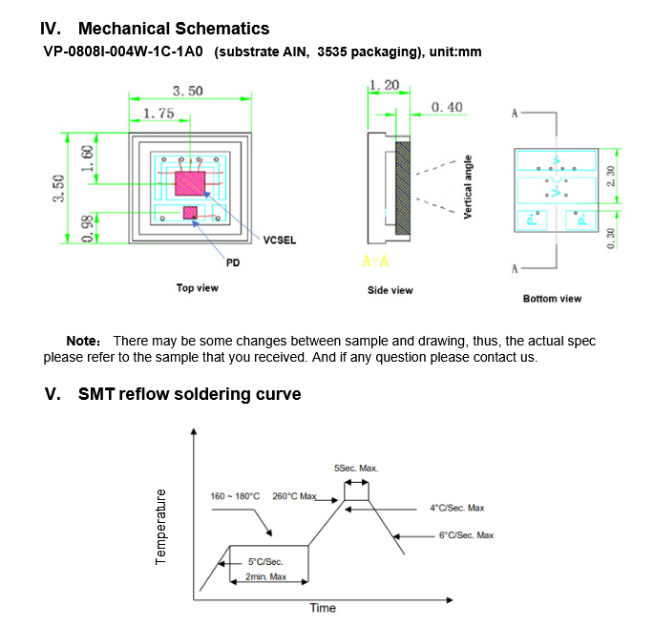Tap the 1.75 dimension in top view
[x=158, y=114]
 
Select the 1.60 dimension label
[x=87, y=157]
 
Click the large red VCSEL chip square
[x=191, y=183]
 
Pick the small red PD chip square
[x=190, y=212]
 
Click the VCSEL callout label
[x=280, y=240]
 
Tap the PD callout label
[x=233, y=261]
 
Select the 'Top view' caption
[x=198, y=287]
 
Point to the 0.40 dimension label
[x=448, y=108]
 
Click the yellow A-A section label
[x=375, y=261]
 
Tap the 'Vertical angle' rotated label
[x=468, y=187]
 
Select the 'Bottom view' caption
[x=552, y=299]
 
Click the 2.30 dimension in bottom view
[x=612, y=176]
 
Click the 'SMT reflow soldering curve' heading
[x=189, y=394]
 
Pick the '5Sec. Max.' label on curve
[x=356, y=469]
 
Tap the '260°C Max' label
[x=294, y=496]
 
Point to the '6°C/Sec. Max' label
[x=466, y=535]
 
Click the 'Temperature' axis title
[x=160, y=526]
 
